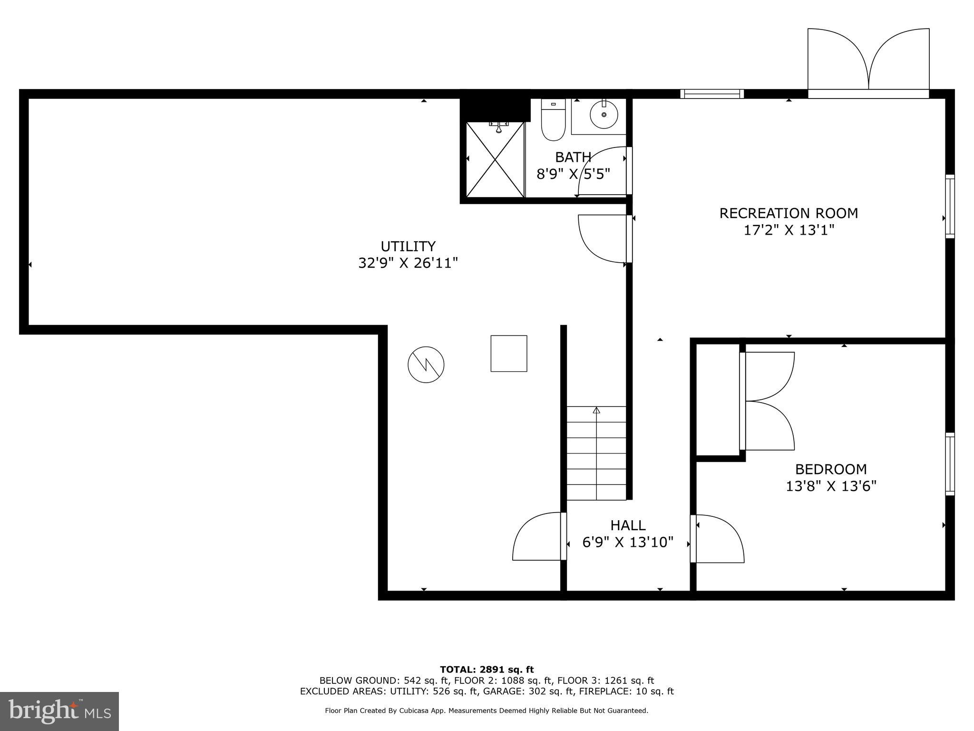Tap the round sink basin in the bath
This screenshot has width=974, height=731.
tap(604, 115)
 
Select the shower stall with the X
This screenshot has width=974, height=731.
tap(495, 159)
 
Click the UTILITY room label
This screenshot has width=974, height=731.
tap(408, 246)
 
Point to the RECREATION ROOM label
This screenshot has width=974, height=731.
tap(789, 213)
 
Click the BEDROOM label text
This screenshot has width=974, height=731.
tap(831, 469)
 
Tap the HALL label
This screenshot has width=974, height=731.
tap(628, 525)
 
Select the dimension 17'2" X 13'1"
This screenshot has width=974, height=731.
tap(789, 230)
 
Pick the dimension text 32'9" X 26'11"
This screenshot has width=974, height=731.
tap(408, 263)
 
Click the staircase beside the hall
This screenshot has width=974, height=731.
tap(596, 453)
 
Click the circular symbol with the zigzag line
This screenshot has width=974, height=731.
tap(426, 365)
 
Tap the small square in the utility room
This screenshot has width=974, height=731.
tap(508, 353)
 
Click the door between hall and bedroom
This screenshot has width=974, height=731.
tap(717, 539)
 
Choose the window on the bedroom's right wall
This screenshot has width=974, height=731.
tap(949, 464)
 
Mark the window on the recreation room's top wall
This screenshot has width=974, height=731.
tap(711, 94)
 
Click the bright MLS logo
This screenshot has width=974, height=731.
tap(59, 711)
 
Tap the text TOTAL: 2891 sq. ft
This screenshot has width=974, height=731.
tap(487, 670)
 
